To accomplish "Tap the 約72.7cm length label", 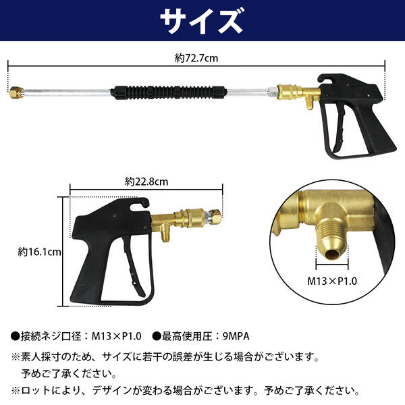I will click(200, 59).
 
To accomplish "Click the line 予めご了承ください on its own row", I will click(67, 373).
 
